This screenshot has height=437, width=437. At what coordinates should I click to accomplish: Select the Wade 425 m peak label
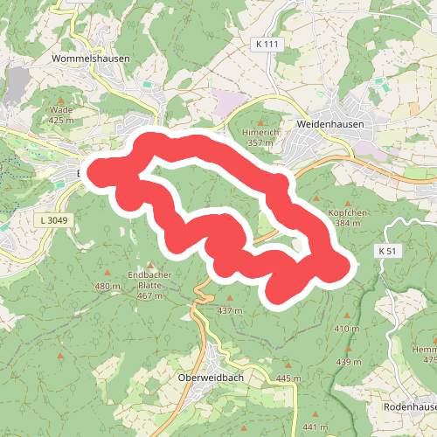60,114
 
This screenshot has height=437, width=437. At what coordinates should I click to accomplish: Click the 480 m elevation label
107,287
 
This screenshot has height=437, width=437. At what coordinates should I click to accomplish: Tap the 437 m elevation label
229,310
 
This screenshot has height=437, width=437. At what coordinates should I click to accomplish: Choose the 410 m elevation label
346,329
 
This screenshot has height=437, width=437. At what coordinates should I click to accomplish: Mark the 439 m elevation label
348,362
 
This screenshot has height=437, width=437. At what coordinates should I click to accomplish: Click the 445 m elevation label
288,378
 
